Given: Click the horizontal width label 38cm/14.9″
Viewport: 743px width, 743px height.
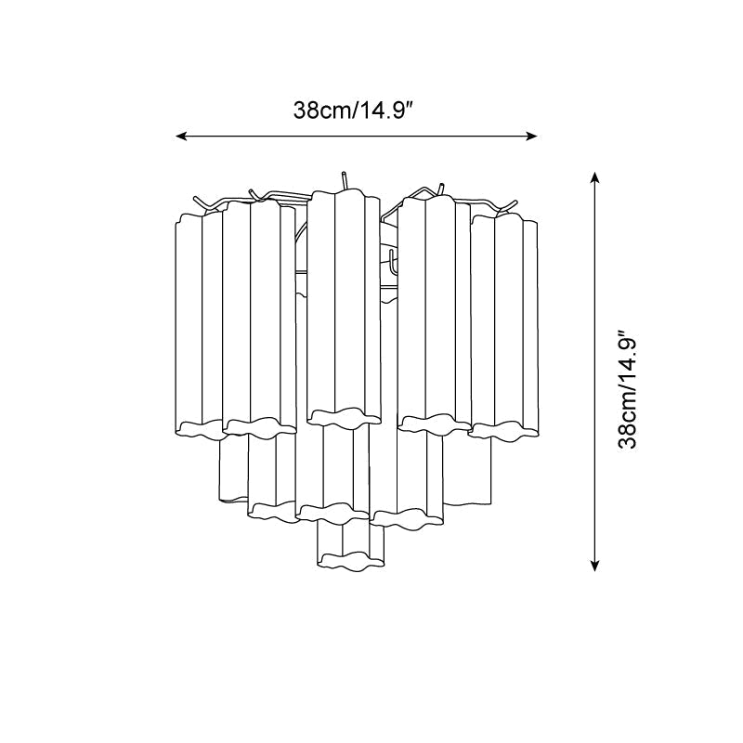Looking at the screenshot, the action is [x=355, y=111].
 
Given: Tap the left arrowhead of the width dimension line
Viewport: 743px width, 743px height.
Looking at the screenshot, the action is [x=180, y=137].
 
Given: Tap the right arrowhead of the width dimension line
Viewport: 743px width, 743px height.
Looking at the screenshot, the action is [x=532, y=137].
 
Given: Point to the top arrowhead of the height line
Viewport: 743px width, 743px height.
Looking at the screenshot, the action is [x=595, y=177].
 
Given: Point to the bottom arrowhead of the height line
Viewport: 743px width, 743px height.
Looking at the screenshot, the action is [x=595, y=566].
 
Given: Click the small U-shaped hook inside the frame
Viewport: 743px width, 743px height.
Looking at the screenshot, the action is [x=392, y=262].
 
